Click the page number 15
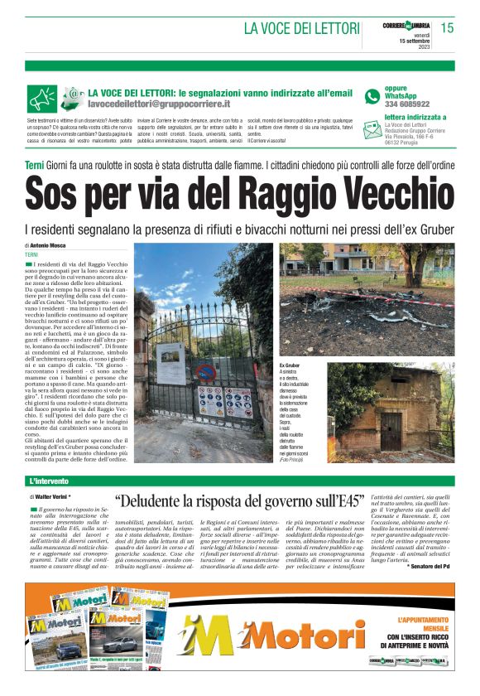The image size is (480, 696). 448,27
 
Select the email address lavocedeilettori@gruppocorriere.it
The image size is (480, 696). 159,104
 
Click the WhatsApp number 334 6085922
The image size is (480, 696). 407,104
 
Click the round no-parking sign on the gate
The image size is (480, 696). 207,370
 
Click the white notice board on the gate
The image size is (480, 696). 171,365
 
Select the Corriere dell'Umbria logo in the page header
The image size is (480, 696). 406,24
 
